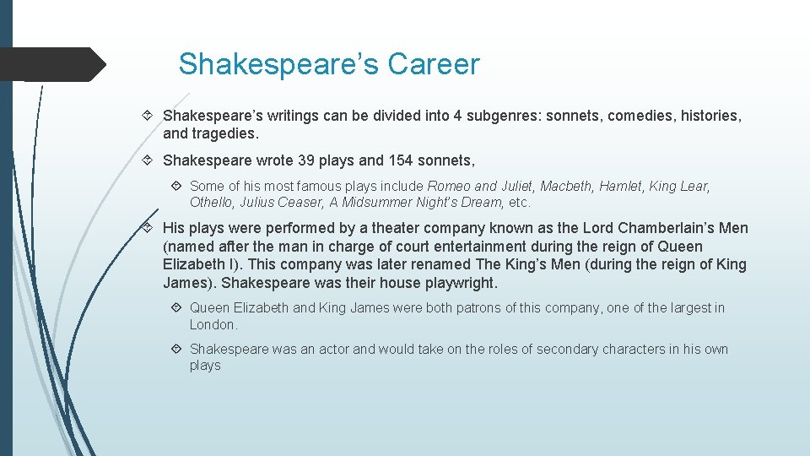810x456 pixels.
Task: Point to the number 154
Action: point(402,160)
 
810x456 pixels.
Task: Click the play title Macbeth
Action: point(567,186)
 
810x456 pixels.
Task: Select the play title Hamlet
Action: point(622,186)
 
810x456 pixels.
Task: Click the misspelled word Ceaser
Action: point(300,202)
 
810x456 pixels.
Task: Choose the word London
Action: point(213,324)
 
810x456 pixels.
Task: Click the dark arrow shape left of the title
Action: point(51,64)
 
